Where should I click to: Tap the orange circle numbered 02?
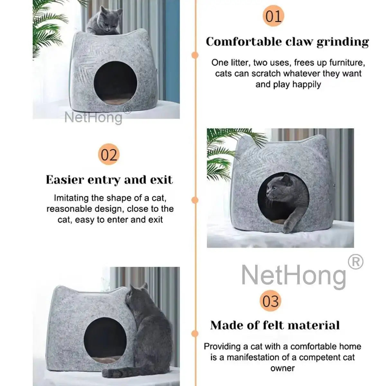(109, 154)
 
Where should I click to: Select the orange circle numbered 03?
(270, 301)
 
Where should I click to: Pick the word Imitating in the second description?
(71, 198)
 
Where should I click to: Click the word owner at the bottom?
(282, 368)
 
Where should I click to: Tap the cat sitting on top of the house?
(105, 21)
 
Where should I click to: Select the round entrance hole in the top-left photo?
(115, 82)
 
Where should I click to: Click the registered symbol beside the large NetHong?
(355, 262)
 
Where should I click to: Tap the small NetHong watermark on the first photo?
(93, 117)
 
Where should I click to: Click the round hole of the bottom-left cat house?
(104, 340)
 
